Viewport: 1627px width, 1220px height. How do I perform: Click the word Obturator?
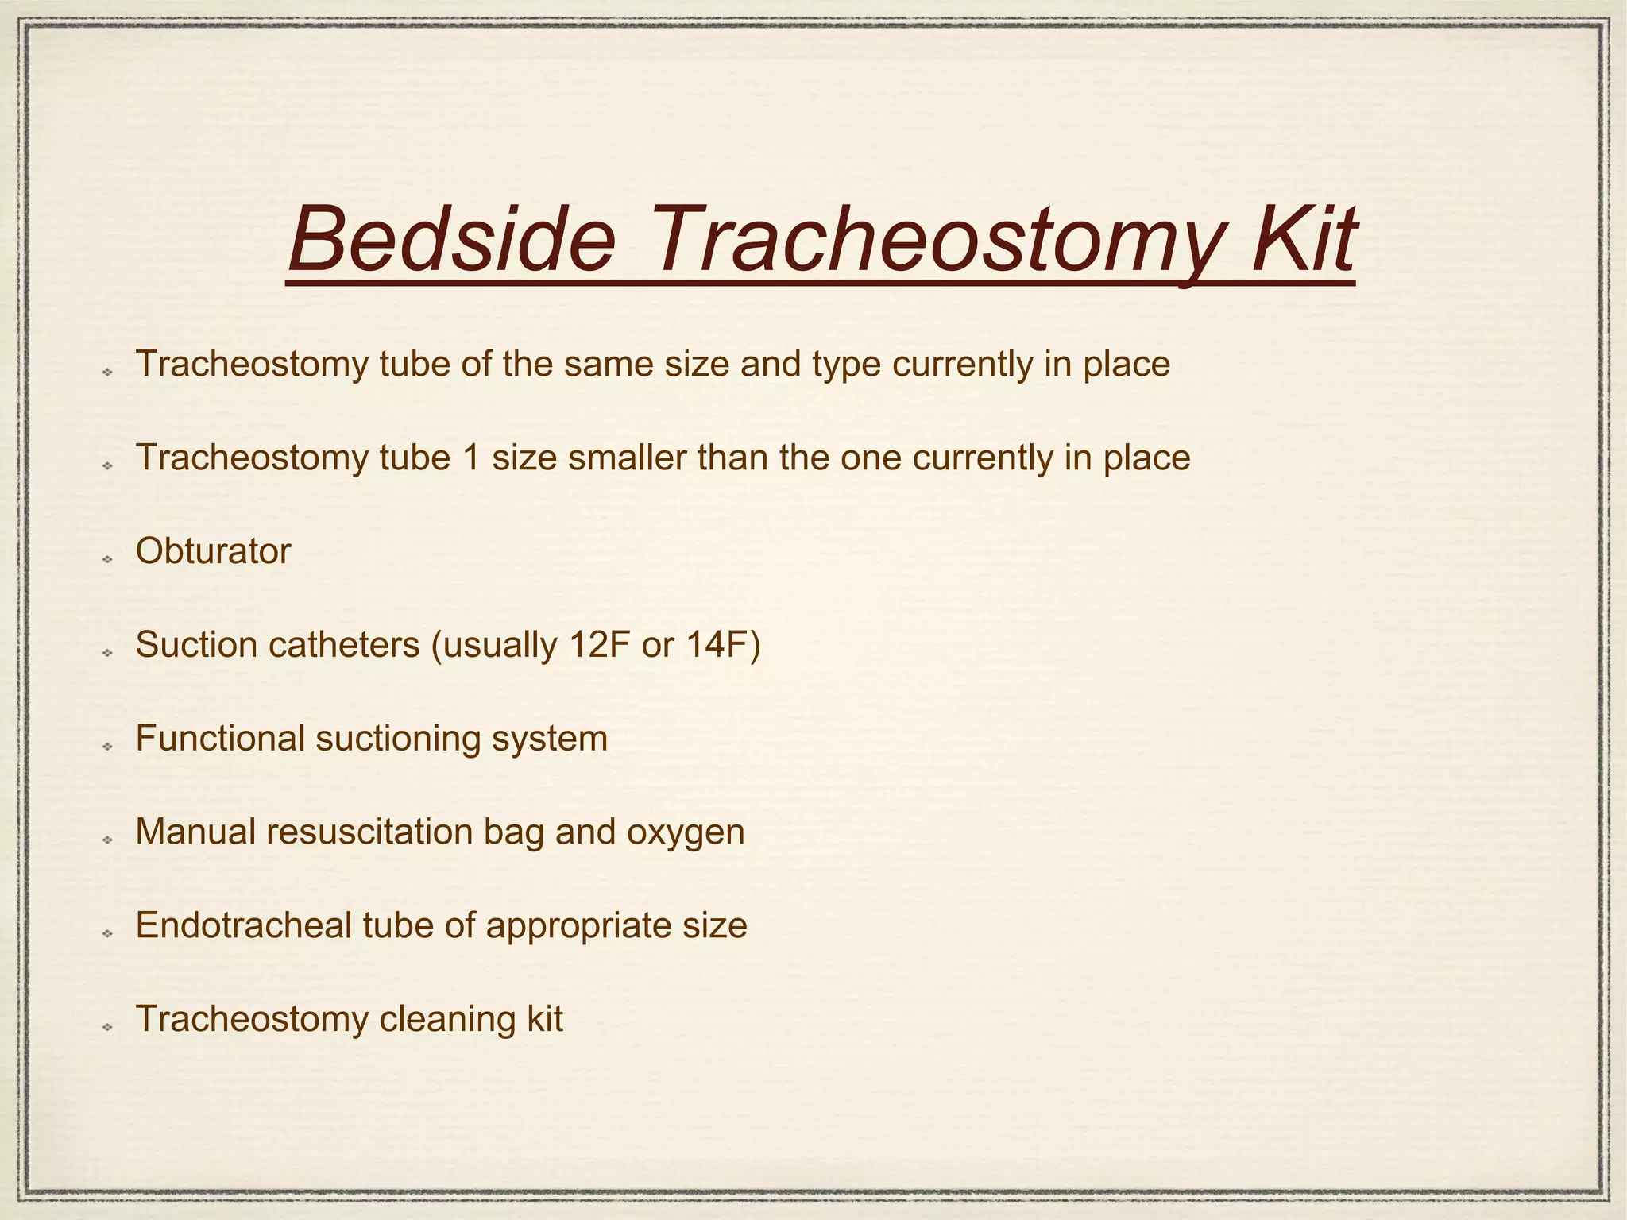tap(213, 551)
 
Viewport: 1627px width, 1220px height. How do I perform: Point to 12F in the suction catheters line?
tap(599, 645)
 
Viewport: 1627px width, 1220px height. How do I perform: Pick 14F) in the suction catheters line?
tap(723, 645)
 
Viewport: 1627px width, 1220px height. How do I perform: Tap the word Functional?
tap(220, 739)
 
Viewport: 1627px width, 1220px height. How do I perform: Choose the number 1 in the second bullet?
tap(471, 458)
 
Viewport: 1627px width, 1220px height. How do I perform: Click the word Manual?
tap(195, 832)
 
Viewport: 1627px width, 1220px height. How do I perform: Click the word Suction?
tap(195, 645)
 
